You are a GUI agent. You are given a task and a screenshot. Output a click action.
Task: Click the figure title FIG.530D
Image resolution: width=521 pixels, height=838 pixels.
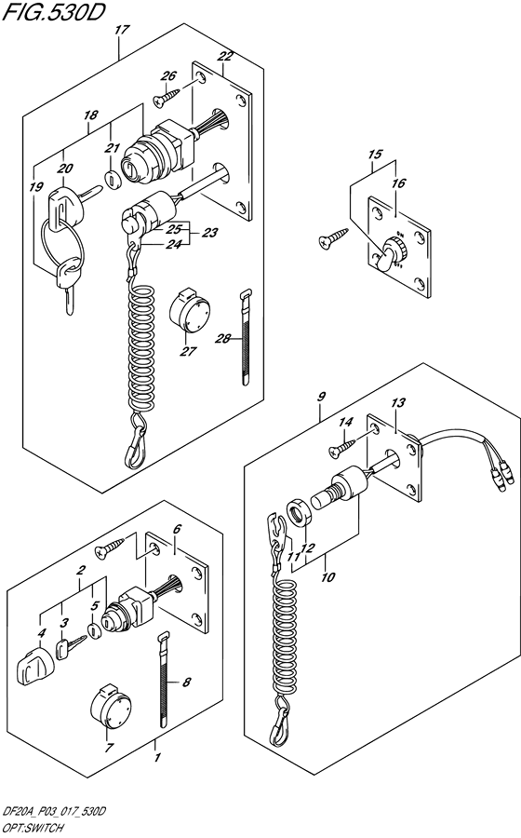[x=51, y=12]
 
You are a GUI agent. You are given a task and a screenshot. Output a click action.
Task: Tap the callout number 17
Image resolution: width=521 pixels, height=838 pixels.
[x=122, y=30]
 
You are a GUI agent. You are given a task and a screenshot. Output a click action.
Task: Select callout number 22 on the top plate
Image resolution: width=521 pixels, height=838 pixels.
[x=226, y=57]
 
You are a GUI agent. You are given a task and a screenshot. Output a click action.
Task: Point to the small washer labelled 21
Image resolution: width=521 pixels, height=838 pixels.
[x=111, y=180]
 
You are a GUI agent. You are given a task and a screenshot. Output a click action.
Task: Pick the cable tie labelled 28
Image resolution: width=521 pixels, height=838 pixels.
[x=245, y=337]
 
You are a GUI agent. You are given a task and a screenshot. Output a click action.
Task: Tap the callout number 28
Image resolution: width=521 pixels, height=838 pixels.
[x=223, y=338]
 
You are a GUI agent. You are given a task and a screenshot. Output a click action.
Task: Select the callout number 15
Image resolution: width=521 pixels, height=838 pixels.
[x=375, y=155]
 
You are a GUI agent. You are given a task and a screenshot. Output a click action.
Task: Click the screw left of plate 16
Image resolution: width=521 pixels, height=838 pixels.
[x=333, y=237]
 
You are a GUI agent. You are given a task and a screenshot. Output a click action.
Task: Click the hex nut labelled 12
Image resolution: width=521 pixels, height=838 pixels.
[x=299, y=513]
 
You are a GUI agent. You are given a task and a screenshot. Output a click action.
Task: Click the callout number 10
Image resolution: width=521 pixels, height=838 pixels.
[x=327, y=577]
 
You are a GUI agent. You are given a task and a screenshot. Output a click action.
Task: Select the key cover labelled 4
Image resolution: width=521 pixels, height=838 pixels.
[x=31, y=664]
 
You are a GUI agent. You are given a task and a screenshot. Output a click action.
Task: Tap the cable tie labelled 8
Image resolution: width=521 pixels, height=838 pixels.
[x=165, y=679]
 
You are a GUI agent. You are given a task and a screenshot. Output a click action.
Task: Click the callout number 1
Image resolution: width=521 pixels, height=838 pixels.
[x=157, y=758]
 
